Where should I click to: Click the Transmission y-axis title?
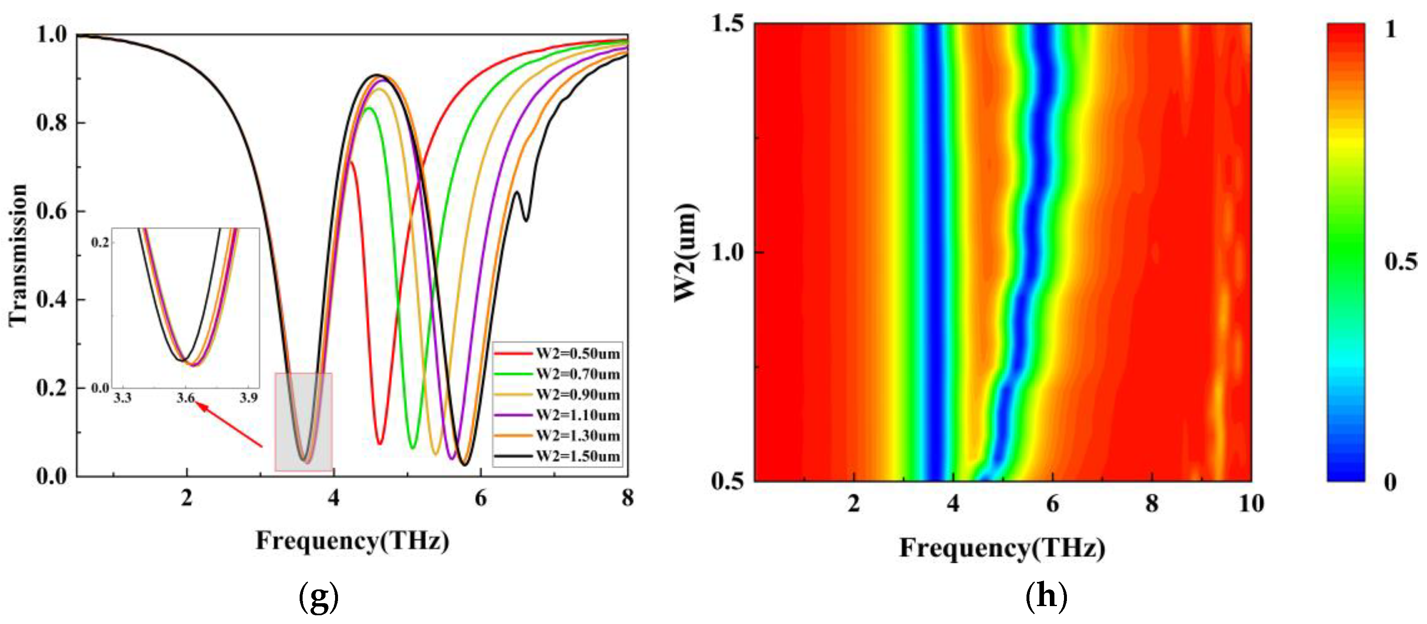18,255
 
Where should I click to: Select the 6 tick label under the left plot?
480,498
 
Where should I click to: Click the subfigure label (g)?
318,597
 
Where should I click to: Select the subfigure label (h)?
1046,597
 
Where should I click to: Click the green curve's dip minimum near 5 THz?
413,448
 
